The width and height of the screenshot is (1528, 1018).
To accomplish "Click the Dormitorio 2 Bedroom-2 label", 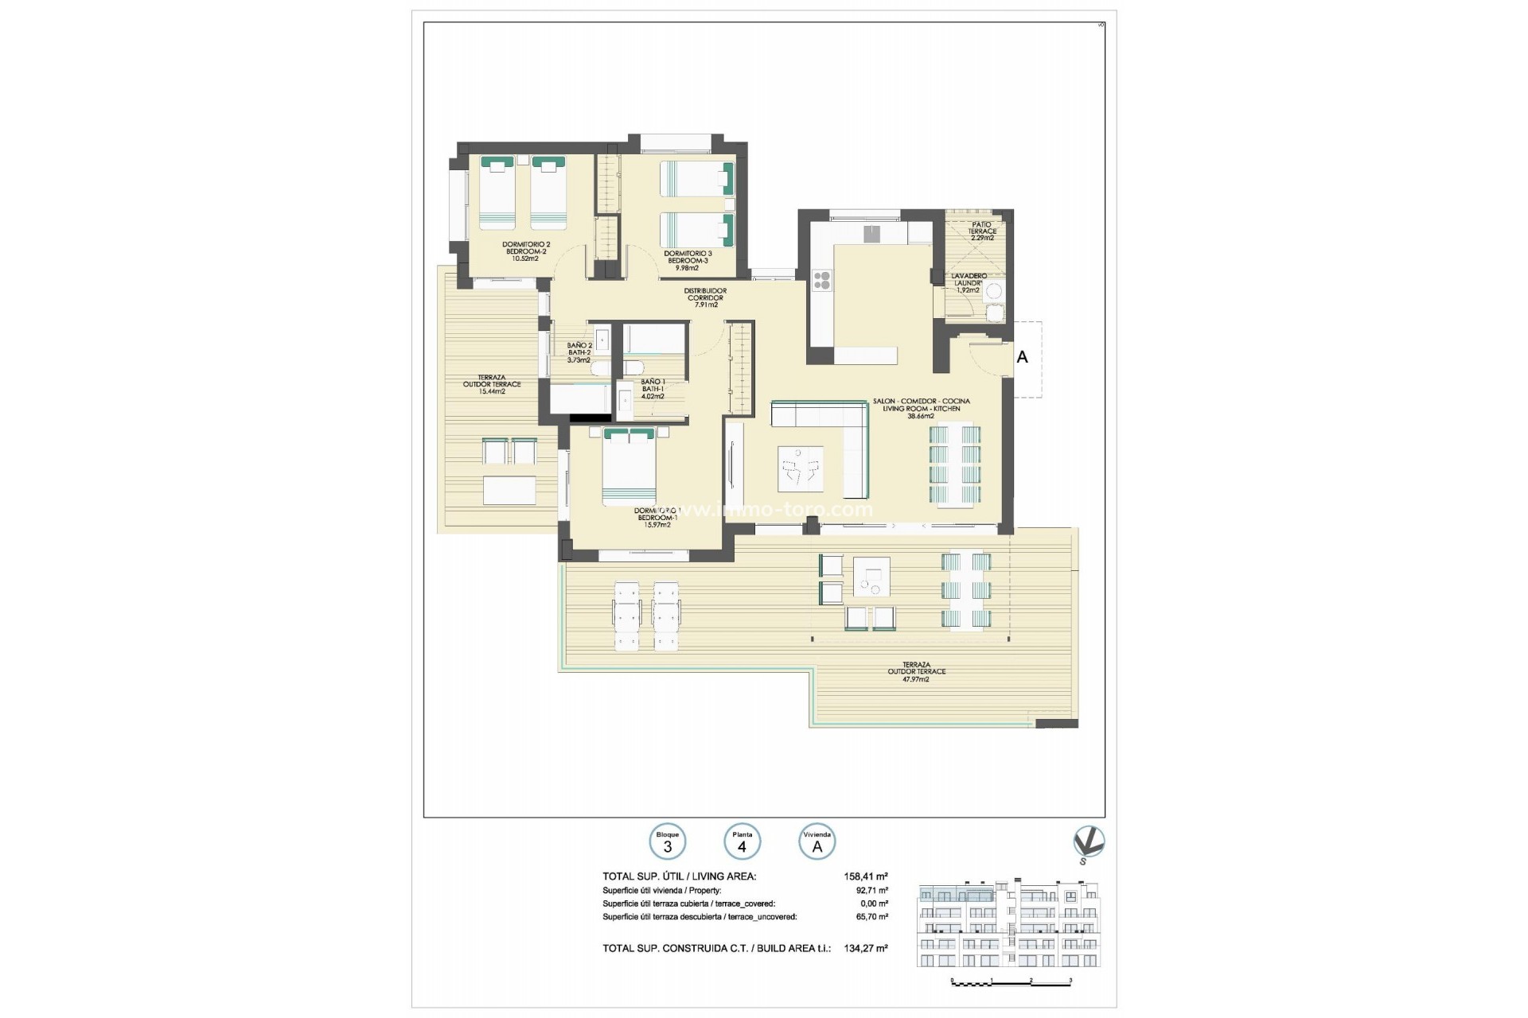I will (x=525, y=251).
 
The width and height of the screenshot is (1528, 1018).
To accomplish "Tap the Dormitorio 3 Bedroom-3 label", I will (x=688, y=260).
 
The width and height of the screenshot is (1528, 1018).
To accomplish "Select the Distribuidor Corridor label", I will (x=705, y=297).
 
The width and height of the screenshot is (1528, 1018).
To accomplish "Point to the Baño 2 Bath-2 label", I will (x=579, y=352).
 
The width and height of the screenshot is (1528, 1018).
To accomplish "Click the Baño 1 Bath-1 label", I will (x=652, y=389).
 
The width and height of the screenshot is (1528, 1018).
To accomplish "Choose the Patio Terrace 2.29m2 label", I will (x=982, y=231).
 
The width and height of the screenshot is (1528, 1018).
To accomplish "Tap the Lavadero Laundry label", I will (x=969, y=282).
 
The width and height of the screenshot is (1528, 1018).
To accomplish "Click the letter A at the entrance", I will (x=1022, y=358).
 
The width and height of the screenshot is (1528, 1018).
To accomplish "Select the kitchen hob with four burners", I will (x=822, y=280).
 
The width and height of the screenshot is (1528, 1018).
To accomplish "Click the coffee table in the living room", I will (x=801, y=468).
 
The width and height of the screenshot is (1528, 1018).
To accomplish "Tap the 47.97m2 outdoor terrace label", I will (x=916, y=671).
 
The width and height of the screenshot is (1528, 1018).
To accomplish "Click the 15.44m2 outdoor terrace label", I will (x=492, y=384).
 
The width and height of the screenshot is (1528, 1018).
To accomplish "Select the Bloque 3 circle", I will (x=668, y=842).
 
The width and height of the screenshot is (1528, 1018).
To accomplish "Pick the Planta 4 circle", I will (x=742, y=842).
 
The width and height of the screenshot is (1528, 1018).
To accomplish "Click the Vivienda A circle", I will (x=817, y=842).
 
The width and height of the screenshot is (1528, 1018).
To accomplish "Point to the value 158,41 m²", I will (x=866, y=876).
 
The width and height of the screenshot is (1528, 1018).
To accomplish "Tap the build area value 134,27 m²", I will (x=866, y=948).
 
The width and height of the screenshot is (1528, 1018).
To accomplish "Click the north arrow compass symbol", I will (x=1088, y=844).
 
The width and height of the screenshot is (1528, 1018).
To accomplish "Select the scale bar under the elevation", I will (x=1012, y=983).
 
